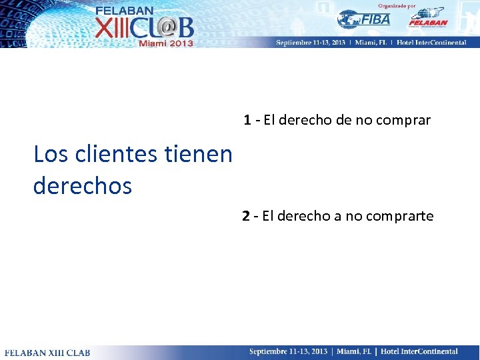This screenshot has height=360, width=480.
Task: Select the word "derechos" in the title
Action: click(83, 185)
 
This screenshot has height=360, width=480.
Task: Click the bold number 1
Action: click(247, 121)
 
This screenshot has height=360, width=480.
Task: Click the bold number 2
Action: click(246, 216)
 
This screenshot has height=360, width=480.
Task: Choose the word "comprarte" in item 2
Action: click(402, 216)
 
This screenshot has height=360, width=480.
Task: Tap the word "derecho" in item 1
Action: click(305, 121)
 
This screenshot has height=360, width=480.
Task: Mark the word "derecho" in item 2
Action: click(304, 216)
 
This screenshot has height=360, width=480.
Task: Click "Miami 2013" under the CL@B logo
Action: click(166, 43)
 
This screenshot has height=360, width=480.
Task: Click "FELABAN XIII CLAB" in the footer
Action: click(47, 352)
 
